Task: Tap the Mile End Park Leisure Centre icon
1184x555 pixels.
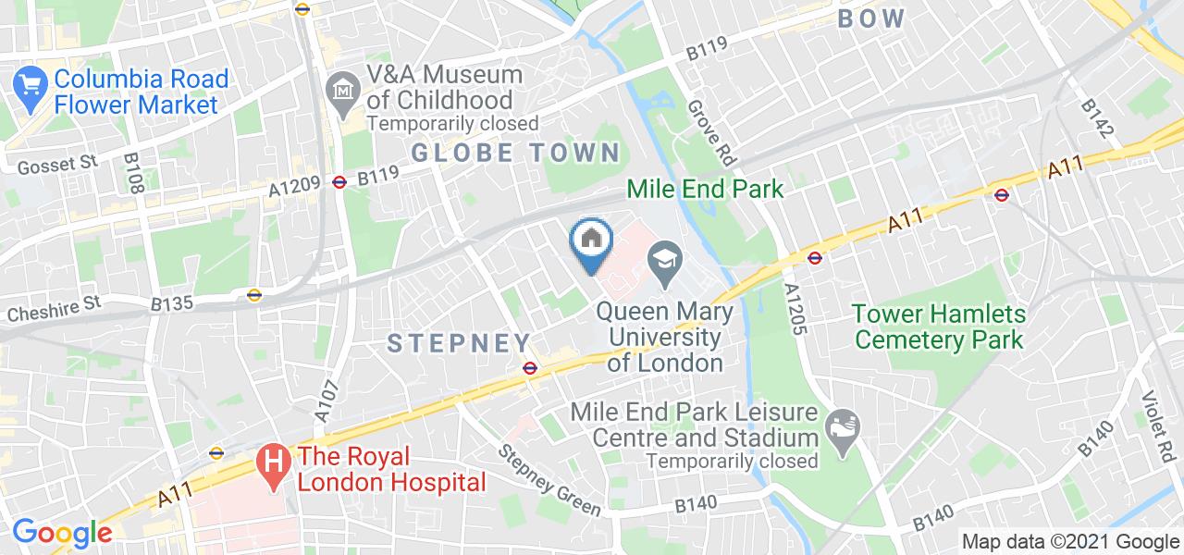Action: click(844, 425)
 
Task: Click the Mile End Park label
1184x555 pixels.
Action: click(705, 190)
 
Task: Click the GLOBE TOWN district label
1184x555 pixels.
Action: click(516, 153)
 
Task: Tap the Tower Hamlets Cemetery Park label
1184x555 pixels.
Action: click(939, 327)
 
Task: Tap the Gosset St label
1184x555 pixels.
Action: click(57, 163)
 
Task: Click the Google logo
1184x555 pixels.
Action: click(62, 534)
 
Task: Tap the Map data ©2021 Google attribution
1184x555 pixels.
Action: click(1070, 542)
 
